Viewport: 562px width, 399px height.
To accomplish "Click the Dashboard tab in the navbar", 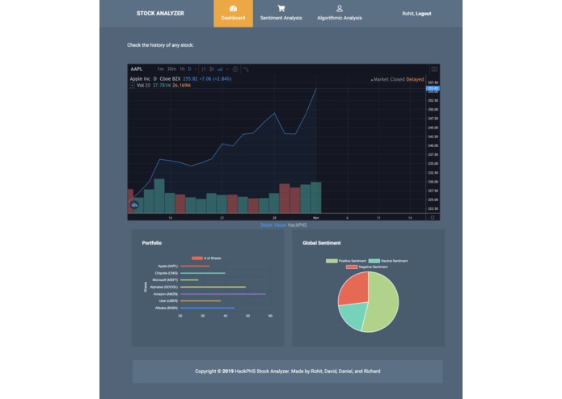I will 233,14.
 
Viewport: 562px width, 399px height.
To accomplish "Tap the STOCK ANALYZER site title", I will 160,13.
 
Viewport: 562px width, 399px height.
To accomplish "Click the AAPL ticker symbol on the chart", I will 136,69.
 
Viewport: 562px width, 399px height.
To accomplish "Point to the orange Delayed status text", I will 415,80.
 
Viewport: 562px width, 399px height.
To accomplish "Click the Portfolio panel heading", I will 152,243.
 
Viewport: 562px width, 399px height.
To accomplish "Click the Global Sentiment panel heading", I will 322,243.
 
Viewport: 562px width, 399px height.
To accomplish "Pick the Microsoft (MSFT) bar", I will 189,280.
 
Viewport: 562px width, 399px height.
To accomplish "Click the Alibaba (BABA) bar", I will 207,308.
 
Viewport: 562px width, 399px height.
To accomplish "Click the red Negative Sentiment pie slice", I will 352,289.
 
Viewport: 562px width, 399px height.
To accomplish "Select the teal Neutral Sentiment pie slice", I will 353,316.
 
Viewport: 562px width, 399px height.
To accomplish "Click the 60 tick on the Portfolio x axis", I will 270,316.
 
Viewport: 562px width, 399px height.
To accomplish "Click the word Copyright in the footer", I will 208,372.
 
